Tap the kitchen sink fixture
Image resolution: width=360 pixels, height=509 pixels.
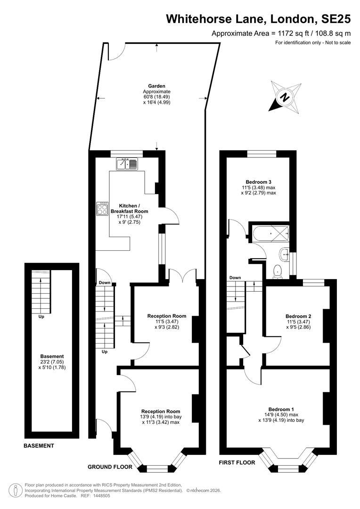pos(127,164)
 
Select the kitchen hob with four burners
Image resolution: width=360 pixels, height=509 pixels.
pos(102,208)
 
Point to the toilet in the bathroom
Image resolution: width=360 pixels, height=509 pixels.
pos(278,271)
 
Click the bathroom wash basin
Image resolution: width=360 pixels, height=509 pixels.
pos(285,254)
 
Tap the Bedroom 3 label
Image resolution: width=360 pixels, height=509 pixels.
pos(258,182)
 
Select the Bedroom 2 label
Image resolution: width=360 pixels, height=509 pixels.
pos(298,316)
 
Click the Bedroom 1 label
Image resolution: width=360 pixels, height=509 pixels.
pos(281,409)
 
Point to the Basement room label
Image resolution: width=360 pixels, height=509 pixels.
pos(52,356)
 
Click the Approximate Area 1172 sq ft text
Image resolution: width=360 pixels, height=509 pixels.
pos(281,33)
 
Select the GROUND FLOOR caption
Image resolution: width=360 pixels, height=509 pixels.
pos(110,467)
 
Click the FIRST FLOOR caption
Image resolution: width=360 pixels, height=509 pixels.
pos(237,463)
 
